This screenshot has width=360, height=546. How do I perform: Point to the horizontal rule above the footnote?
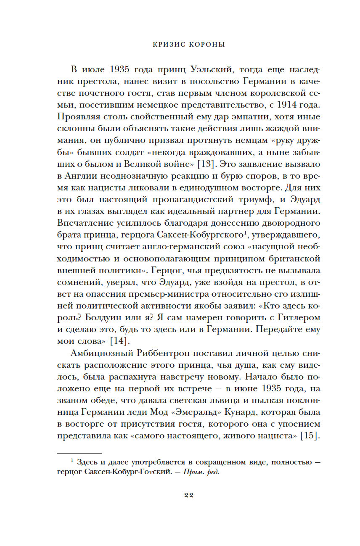point(79,453)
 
